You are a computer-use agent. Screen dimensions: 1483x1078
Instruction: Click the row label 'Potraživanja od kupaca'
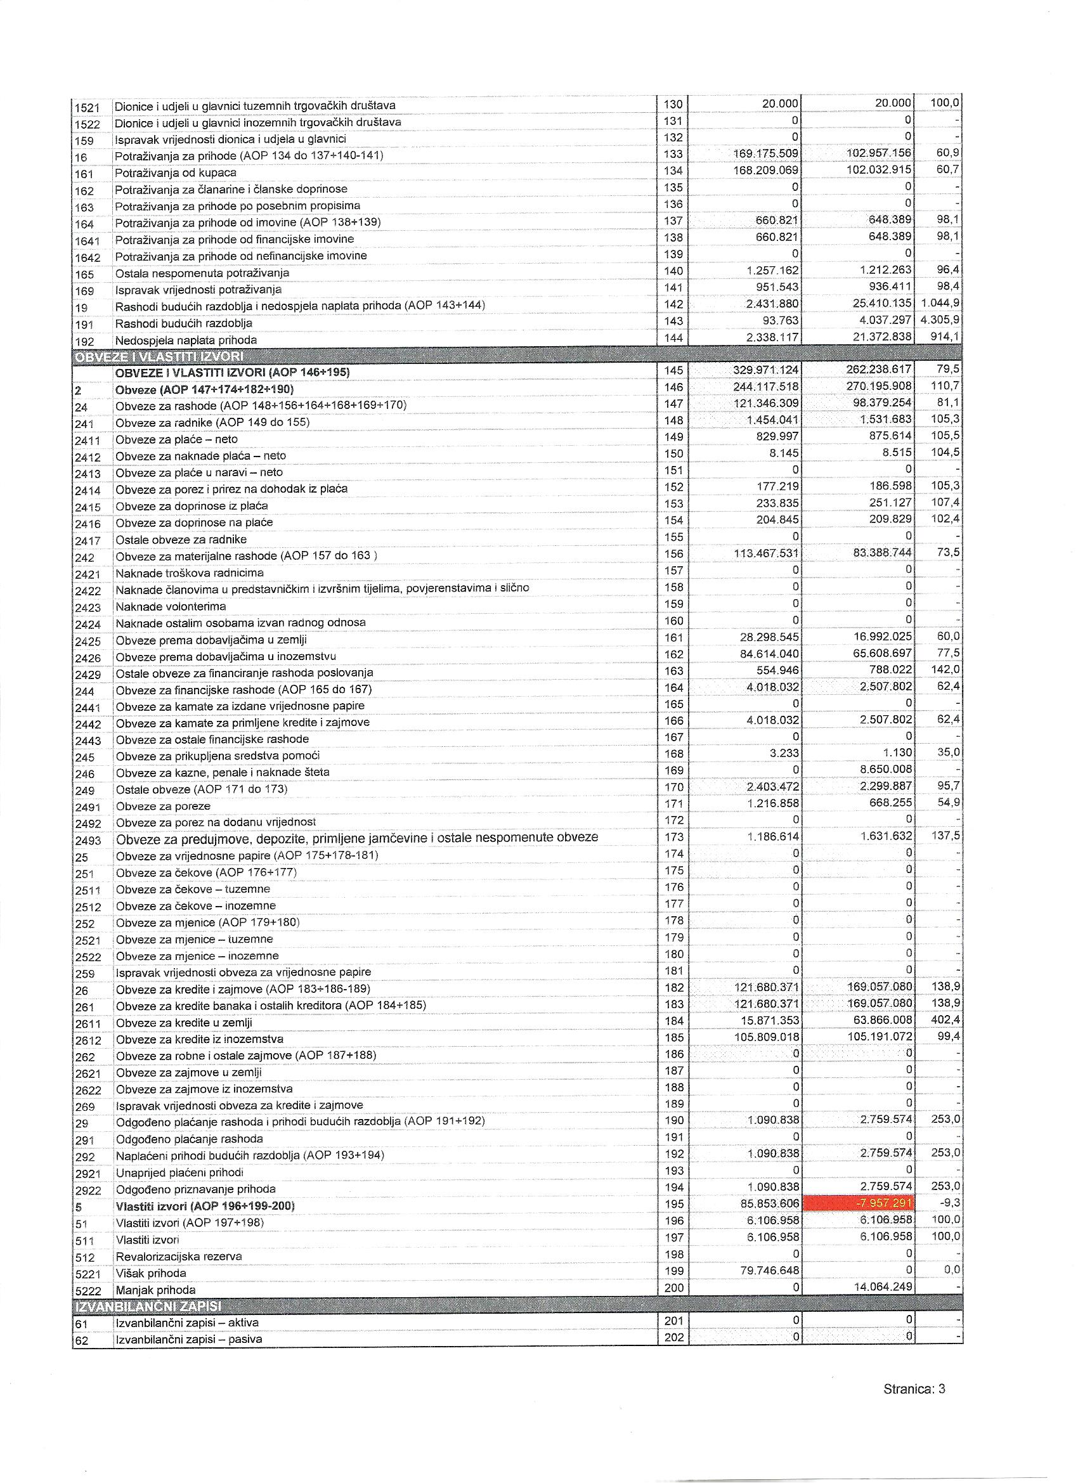(x=175, y=172)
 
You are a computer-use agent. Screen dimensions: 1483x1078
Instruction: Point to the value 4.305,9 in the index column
(x=940, y=320)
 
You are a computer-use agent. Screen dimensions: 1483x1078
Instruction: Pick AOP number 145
(x=673, y=372)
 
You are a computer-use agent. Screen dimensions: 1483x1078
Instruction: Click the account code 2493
(x=88, y=840)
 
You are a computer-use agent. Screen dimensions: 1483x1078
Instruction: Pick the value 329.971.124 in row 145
(x=765, y=372)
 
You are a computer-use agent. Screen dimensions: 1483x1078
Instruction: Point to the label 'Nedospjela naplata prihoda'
(x=186, y=340)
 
